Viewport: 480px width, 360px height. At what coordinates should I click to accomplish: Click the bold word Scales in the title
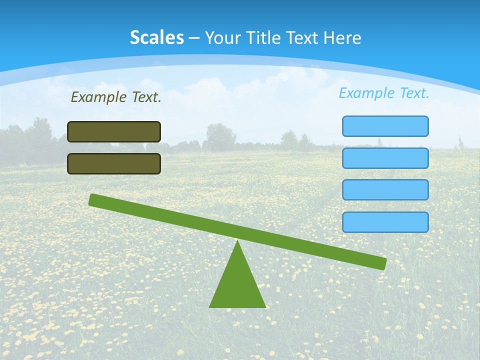click(x=157, y=37)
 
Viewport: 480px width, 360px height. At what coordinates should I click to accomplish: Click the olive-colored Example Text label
click(x=116, y=97)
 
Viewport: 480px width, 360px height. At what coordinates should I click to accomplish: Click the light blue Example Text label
click(x=384, y=93)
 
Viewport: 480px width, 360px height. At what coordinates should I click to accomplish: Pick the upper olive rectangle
click(x=114, y=131)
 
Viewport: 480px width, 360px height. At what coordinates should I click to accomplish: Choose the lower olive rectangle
click(x=114, y=163)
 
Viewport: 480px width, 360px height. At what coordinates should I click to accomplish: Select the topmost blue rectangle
click(x=385, y=126)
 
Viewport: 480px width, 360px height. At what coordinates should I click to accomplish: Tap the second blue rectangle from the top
click(x=385, y=158)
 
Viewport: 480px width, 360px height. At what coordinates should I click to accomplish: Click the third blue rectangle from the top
click(x=385, y=190)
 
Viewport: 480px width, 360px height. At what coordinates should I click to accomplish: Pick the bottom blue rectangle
click(x=385, y=222)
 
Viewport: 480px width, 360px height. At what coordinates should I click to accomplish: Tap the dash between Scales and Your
click(x=194, y=37)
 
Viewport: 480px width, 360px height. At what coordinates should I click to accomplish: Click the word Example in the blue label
click(x=367, y=93)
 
